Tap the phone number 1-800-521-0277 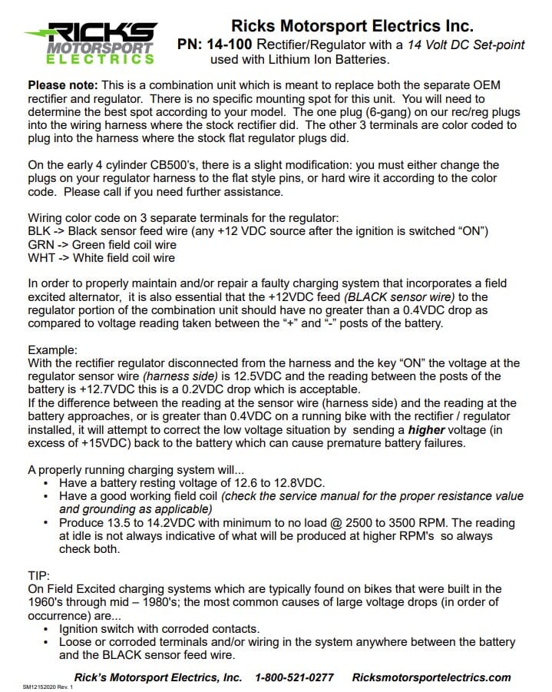[294, 677]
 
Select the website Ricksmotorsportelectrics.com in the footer [431, 677]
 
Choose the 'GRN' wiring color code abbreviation [40, 245]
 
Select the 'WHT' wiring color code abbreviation [40, 258]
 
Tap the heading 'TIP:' [38, 575]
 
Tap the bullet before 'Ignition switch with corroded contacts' [48, 628]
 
